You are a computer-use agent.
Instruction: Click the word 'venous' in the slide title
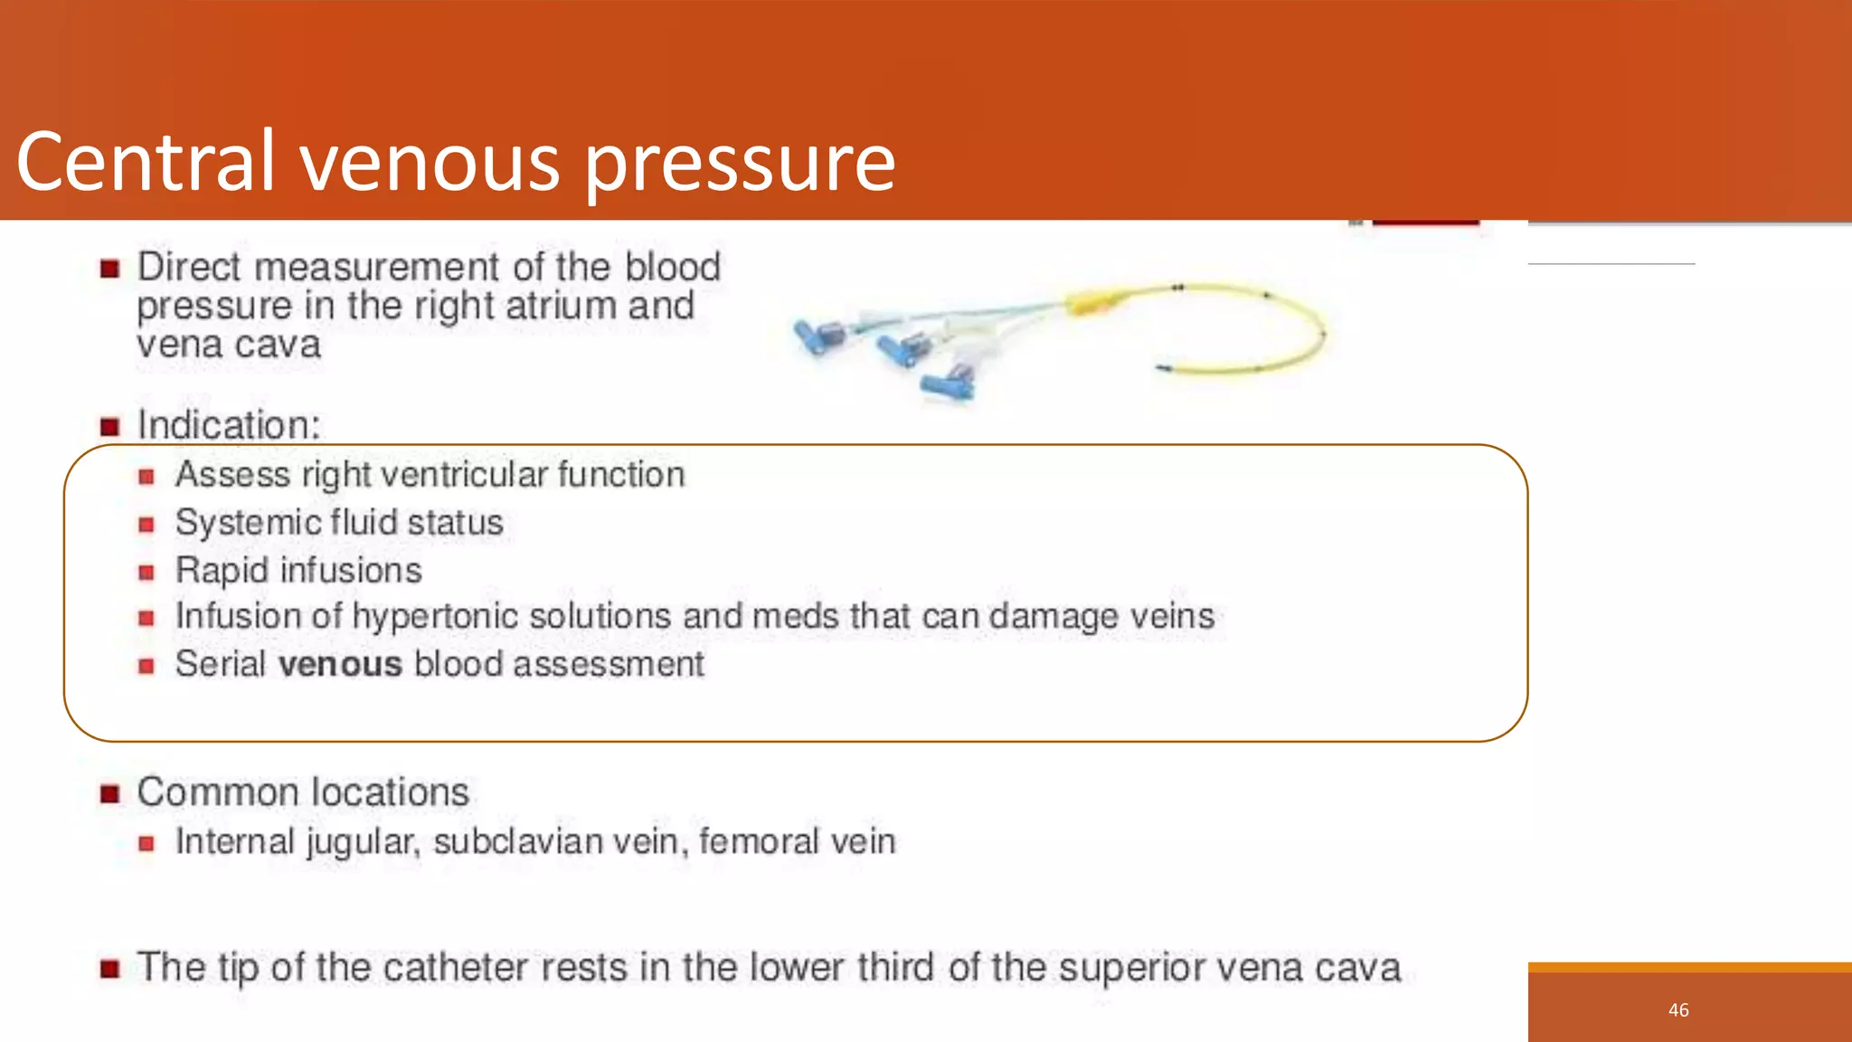point(430,163)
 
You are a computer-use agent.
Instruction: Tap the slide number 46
point(1678,1010)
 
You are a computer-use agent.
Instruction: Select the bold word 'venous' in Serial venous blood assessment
point(340,665)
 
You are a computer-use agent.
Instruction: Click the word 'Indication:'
point(229,426)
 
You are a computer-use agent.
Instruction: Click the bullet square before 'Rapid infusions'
point(146,573)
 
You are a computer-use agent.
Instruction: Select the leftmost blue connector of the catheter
point(817,337)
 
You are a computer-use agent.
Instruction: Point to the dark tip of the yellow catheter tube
point(1162,367)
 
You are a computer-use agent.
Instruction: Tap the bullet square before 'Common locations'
point(110,794)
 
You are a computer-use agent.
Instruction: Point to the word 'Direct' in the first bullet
point(189,268)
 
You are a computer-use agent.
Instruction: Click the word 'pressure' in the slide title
point(740,165)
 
